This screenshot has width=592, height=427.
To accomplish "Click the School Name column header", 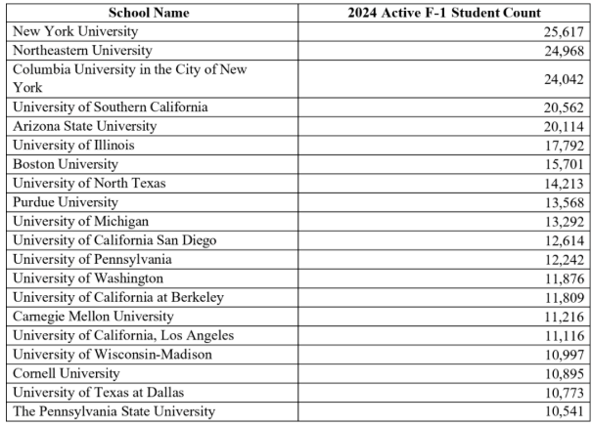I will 149,13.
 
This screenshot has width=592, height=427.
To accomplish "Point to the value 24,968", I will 561,50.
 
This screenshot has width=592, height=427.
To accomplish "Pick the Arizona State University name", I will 81,126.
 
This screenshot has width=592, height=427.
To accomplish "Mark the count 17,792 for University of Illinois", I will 561,145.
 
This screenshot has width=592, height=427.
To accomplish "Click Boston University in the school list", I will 65,163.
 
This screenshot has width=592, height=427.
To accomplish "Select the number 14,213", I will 561,182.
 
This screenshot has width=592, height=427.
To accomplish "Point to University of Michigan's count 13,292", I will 561,220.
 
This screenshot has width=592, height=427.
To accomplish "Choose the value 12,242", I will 561,259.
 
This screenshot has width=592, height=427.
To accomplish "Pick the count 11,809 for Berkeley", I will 561,297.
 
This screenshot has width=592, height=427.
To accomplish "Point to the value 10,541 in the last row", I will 561,410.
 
